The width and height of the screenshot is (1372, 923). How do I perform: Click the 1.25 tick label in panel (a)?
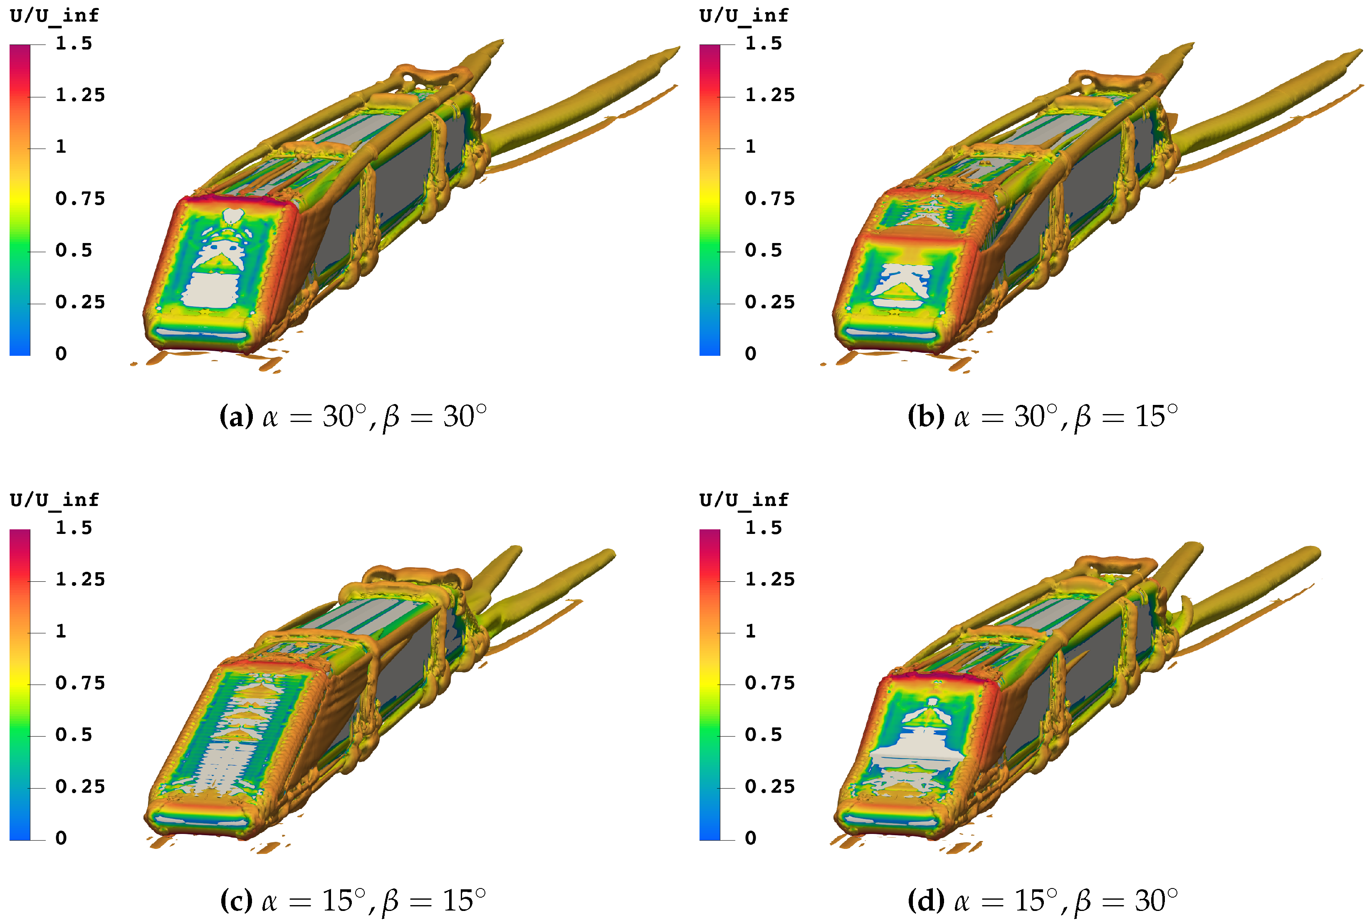coord(80,95)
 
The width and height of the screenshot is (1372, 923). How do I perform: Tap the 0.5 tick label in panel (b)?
coord(764,250)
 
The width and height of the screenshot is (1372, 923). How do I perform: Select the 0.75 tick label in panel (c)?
coord(80,683)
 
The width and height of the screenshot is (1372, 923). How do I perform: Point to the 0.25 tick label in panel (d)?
coord(769,787)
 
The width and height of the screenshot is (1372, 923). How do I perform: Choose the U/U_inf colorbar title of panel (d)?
coord(744,500)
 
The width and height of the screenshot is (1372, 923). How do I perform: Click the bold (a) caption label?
coord(236,417)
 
